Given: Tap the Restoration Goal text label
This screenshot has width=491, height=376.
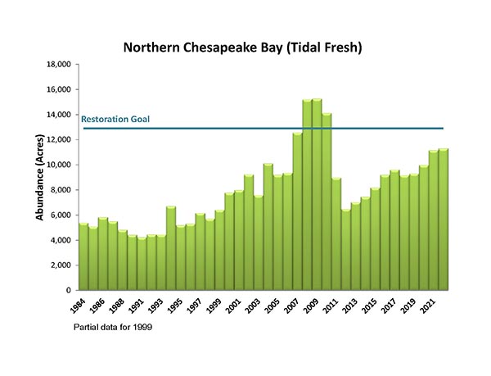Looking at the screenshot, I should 115,120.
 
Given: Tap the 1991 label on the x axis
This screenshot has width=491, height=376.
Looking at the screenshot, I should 137,306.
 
